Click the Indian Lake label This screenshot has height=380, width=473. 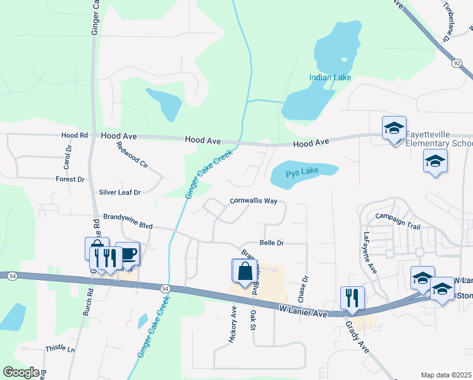(329, 78)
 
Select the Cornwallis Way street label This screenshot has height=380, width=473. (253, 201)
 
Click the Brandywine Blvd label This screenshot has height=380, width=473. (128, 225)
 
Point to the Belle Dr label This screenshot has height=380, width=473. (272, 243)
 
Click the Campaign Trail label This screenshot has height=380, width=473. (397, 217)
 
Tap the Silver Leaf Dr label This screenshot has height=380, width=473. (120, 192)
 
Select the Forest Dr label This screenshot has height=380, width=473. (70, 180)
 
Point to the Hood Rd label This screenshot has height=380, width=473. (75, 136)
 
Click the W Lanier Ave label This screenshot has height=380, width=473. (303, 310)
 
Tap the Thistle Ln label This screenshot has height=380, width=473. (60, 349)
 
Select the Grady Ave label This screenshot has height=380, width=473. (356, 332)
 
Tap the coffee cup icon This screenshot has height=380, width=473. (128, 253)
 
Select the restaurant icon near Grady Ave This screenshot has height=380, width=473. (352, 297)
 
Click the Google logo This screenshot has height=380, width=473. (21, 372)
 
